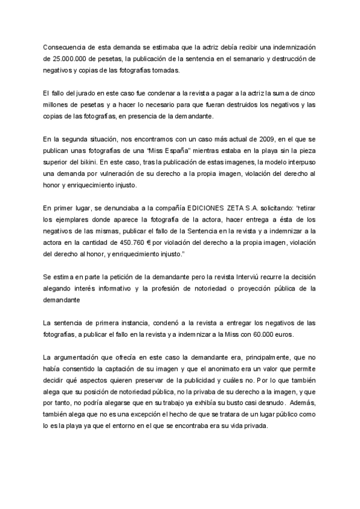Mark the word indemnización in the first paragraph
pyautogui.click(x=290, y=47)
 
